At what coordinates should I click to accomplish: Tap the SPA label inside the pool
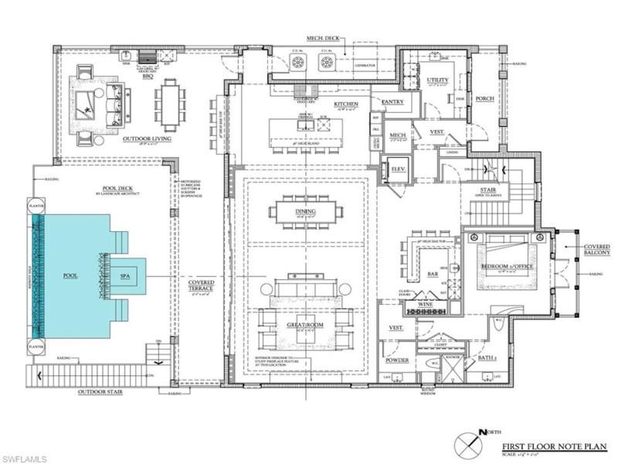[124, 275]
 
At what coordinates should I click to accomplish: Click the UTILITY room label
[437, 80]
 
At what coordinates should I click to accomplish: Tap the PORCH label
[484, 98]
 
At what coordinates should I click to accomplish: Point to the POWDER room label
[397, 360]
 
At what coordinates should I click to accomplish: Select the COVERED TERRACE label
[200, 287]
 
